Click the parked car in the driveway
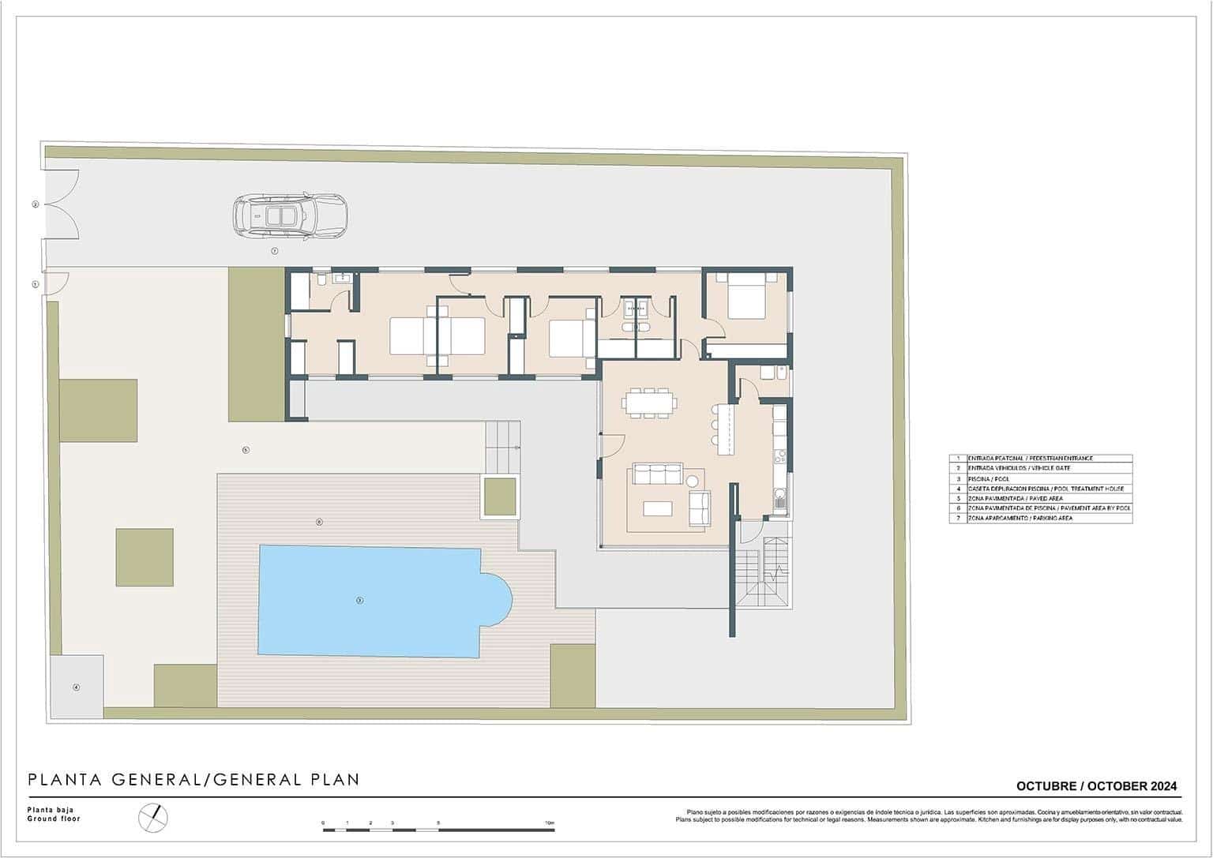coord(290,215)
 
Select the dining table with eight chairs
coord(648,403)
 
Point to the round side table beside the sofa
coord(693,481)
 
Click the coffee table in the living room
coord(657,508)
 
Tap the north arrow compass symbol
coord(153,817)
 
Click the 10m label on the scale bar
coord(549,823)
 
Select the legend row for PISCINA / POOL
coord(1040,478)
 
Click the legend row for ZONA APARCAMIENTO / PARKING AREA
coord(1040,518)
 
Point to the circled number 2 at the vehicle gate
coord(35,204)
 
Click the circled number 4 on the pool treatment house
coord(77,687)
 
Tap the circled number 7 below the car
coord(274,251)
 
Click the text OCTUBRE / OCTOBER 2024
coord(1095,785)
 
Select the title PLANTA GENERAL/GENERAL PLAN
coord(193,780)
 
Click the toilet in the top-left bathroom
coord(321,280)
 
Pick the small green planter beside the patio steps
coord(501,496)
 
